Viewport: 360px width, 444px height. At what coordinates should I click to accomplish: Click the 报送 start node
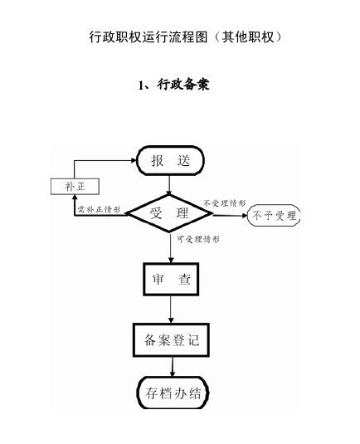(170, 160)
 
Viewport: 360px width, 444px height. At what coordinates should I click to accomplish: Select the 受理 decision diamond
(169, 213)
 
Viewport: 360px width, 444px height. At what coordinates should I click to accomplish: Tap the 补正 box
(75, 187)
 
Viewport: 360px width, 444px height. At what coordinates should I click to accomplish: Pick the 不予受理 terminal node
(274, 216)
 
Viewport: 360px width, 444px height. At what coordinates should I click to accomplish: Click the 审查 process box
(171, 279)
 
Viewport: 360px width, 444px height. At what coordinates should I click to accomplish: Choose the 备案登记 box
(171, 339)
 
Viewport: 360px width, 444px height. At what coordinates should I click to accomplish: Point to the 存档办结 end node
(173, 393)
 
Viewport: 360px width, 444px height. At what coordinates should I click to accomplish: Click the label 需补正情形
(99, 209)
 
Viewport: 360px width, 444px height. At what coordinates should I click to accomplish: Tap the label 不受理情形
(225, 203)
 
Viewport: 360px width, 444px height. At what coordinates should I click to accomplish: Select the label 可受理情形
(198, 239)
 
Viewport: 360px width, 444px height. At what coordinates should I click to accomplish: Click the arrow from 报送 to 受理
(169, 185)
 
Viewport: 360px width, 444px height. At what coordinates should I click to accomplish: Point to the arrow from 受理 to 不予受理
(230, 216)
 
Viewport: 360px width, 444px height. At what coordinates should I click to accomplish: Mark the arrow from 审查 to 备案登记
(171, 310)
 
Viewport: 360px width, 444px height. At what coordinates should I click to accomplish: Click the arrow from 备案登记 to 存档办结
(173, 367)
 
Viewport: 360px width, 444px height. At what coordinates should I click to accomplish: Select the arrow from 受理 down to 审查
(171, 247)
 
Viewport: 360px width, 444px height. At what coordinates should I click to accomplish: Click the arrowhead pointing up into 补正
(75, 198)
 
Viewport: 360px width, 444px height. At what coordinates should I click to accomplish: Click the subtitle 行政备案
(183, 84)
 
